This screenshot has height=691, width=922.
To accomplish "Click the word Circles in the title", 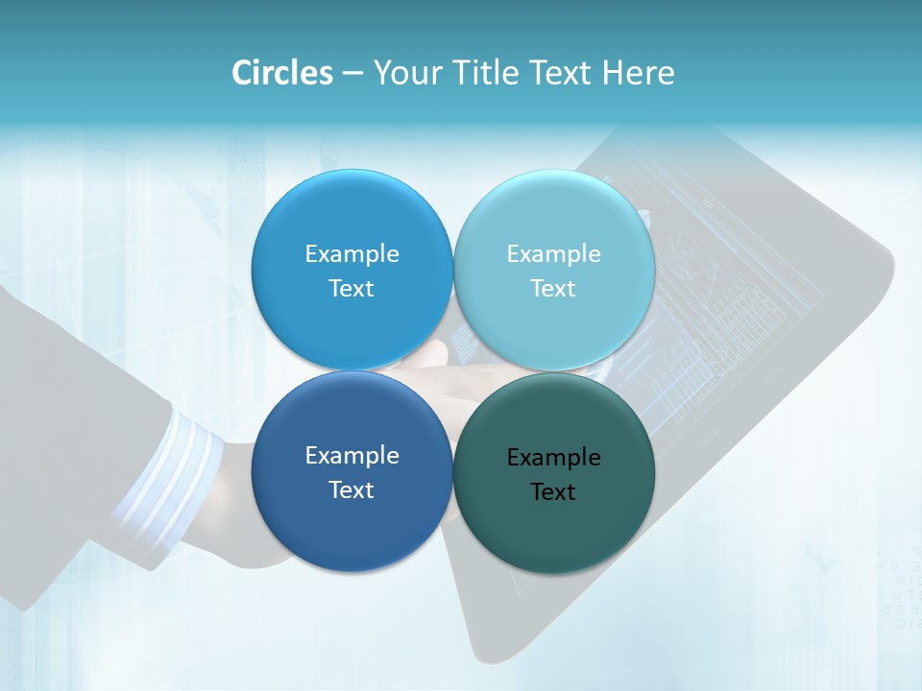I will (281, 73).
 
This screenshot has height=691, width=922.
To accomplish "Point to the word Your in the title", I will (405, 73).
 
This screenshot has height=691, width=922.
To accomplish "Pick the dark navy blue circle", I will (352, 528).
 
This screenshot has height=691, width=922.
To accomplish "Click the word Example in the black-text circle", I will (553, 458).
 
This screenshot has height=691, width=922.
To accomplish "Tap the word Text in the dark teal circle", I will (552, 492).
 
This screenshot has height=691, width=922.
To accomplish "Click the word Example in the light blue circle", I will (553, 254).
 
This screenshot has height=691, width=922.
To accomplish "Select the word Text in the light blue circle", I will (552, 289).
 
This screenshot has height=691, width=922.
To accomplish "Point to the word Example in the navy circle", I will (352, 456).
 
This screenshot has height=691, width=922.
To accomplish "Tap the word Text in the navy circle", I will (351, 490).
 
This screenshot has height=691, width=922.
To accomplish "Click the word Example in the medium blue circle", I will (352, 254).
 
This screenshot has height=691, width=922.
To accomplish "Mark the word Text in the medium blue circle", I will (351, 289).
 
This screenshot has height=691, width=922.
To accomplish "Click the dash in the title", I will (352, 74).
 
